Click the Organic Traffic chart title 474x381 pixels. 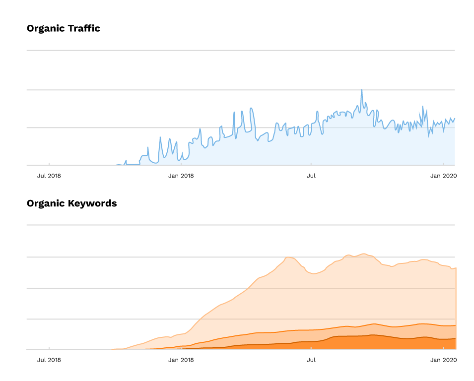point(63,28)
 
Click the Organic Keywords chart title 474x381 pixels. point(71,203)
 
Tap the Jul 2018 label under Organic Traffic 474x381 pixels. point(49,176)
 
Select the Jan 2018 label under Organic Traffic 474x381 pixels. point(181,176)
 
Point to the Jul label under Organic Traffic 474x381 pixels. point(311,176)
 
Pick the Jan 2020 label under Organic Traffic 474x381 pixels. point(443,176)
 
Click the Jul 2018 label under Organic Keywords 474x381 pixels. point(49,360)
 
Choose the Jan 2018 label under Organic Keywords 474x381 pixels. point(181,360)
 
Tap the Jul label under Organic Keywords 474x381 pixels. point(311,360)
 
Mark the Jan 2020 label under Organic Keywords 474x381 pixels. point(443,360)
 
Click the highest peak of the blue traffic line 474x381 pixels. point(361,90)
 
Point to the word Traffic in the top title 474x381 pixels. point(84,28)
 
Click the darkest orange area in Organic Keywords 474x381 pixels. point(377,343)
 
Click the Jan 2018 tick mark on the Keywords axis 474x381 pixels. point(182,348)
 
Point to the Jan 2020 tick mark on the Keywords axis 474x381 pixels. point(443,348)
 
